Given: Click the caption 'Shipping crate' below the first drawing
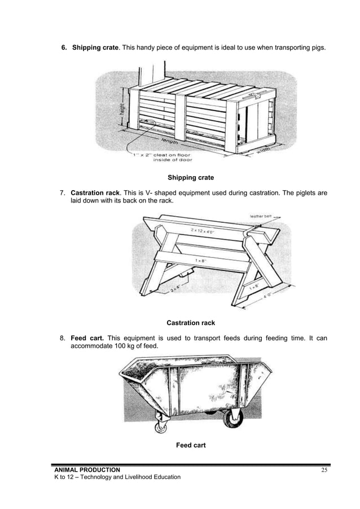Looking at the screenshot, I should click(x=191, y=178).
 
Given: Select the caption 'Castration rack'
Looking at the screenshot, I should click(x=191, y=323).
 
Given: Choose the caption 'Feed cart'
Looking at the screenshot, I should click(x=191, y=445).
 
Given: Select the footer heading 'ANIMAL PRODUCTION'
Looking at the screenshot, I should click(x=86, y=470).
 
